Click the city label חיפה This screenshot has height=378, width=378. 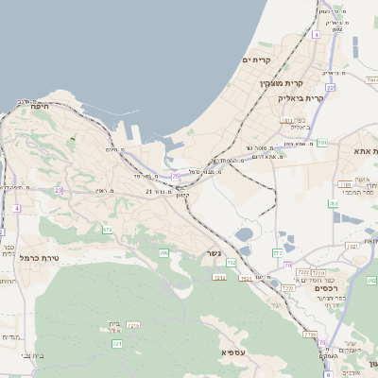coord(40,107)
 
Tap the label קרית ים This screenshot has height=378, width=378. coord(257,60)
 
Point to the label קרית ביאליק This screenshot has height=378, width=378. coord(301,97)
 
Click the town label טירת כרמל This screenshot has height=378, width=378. coord(40,257)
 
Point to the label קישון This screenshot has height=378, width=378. coord(184,195)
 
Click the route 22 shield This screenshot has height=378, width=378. coord(330,87)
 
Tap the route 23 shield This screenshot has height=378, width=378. coord(58,190)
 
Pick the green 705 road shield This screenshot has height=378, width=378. coord(163,253)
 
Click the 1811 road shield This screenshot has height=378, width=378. coord(286,121)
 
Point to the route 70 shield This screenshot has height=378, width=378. coord(287,265)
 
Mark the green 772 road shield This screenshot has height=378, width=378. coord(277,253)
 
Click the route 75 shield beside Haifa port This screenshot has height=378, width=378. coord(175,176)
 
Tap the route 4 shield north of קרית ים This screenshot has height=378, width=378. coord(317,35)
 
